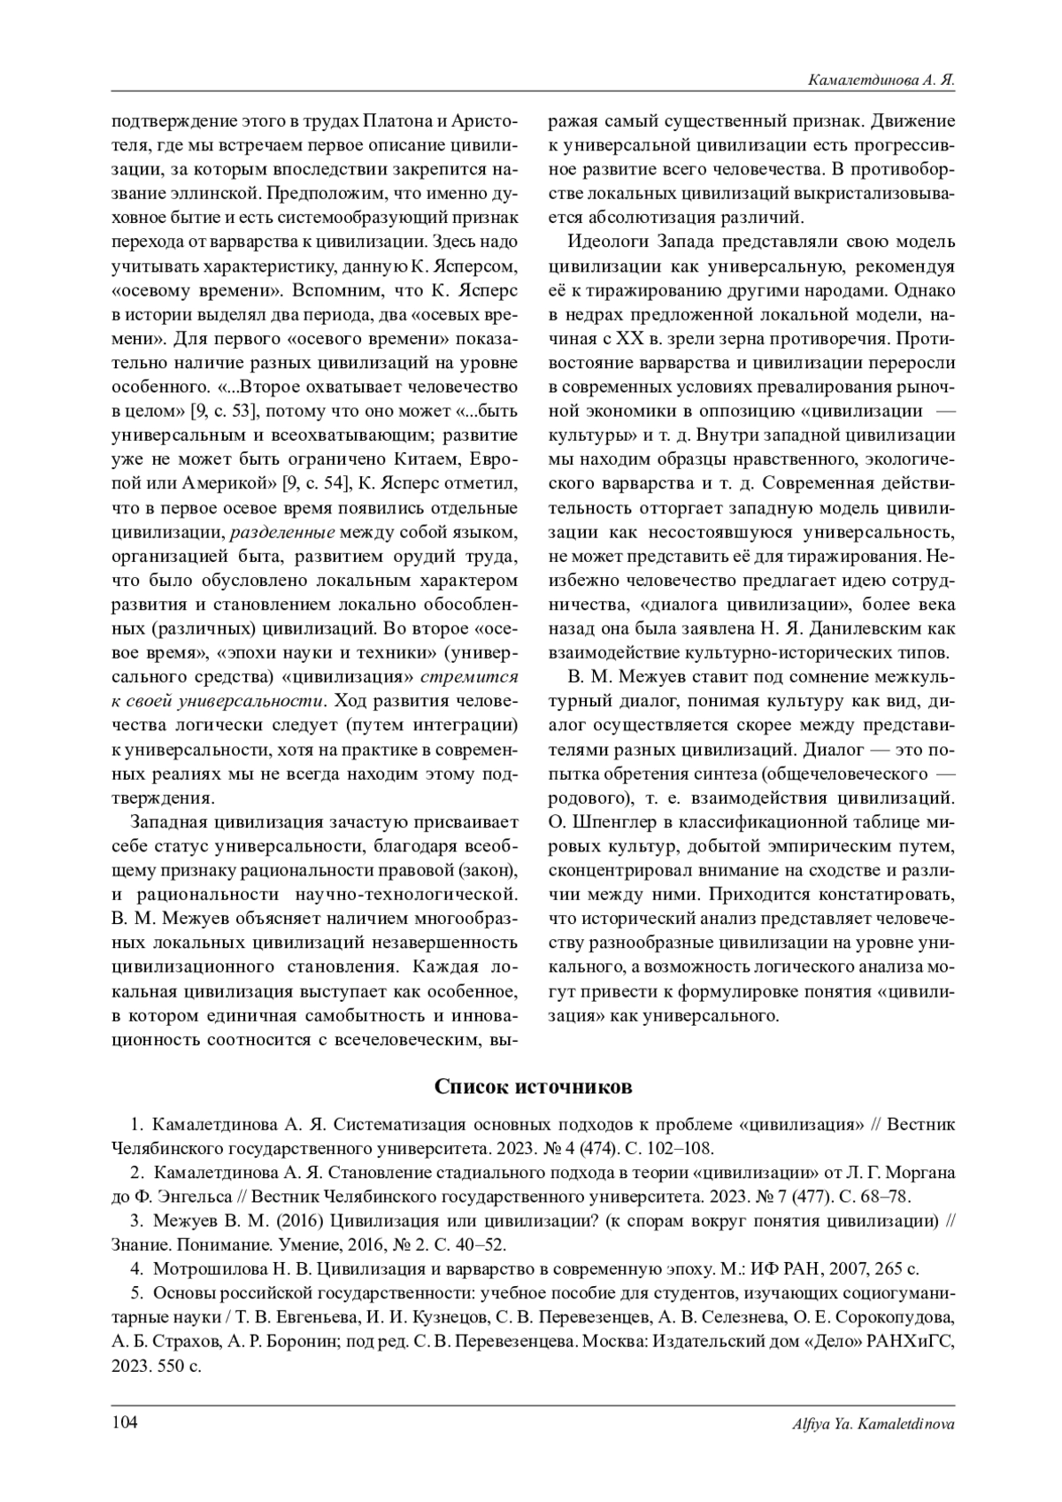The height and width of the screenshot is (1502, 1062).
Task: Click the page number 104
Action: click(x=124, y=1422)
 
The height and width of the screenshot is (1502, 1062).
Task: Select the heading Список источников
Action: click(x=533, y=1086)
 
